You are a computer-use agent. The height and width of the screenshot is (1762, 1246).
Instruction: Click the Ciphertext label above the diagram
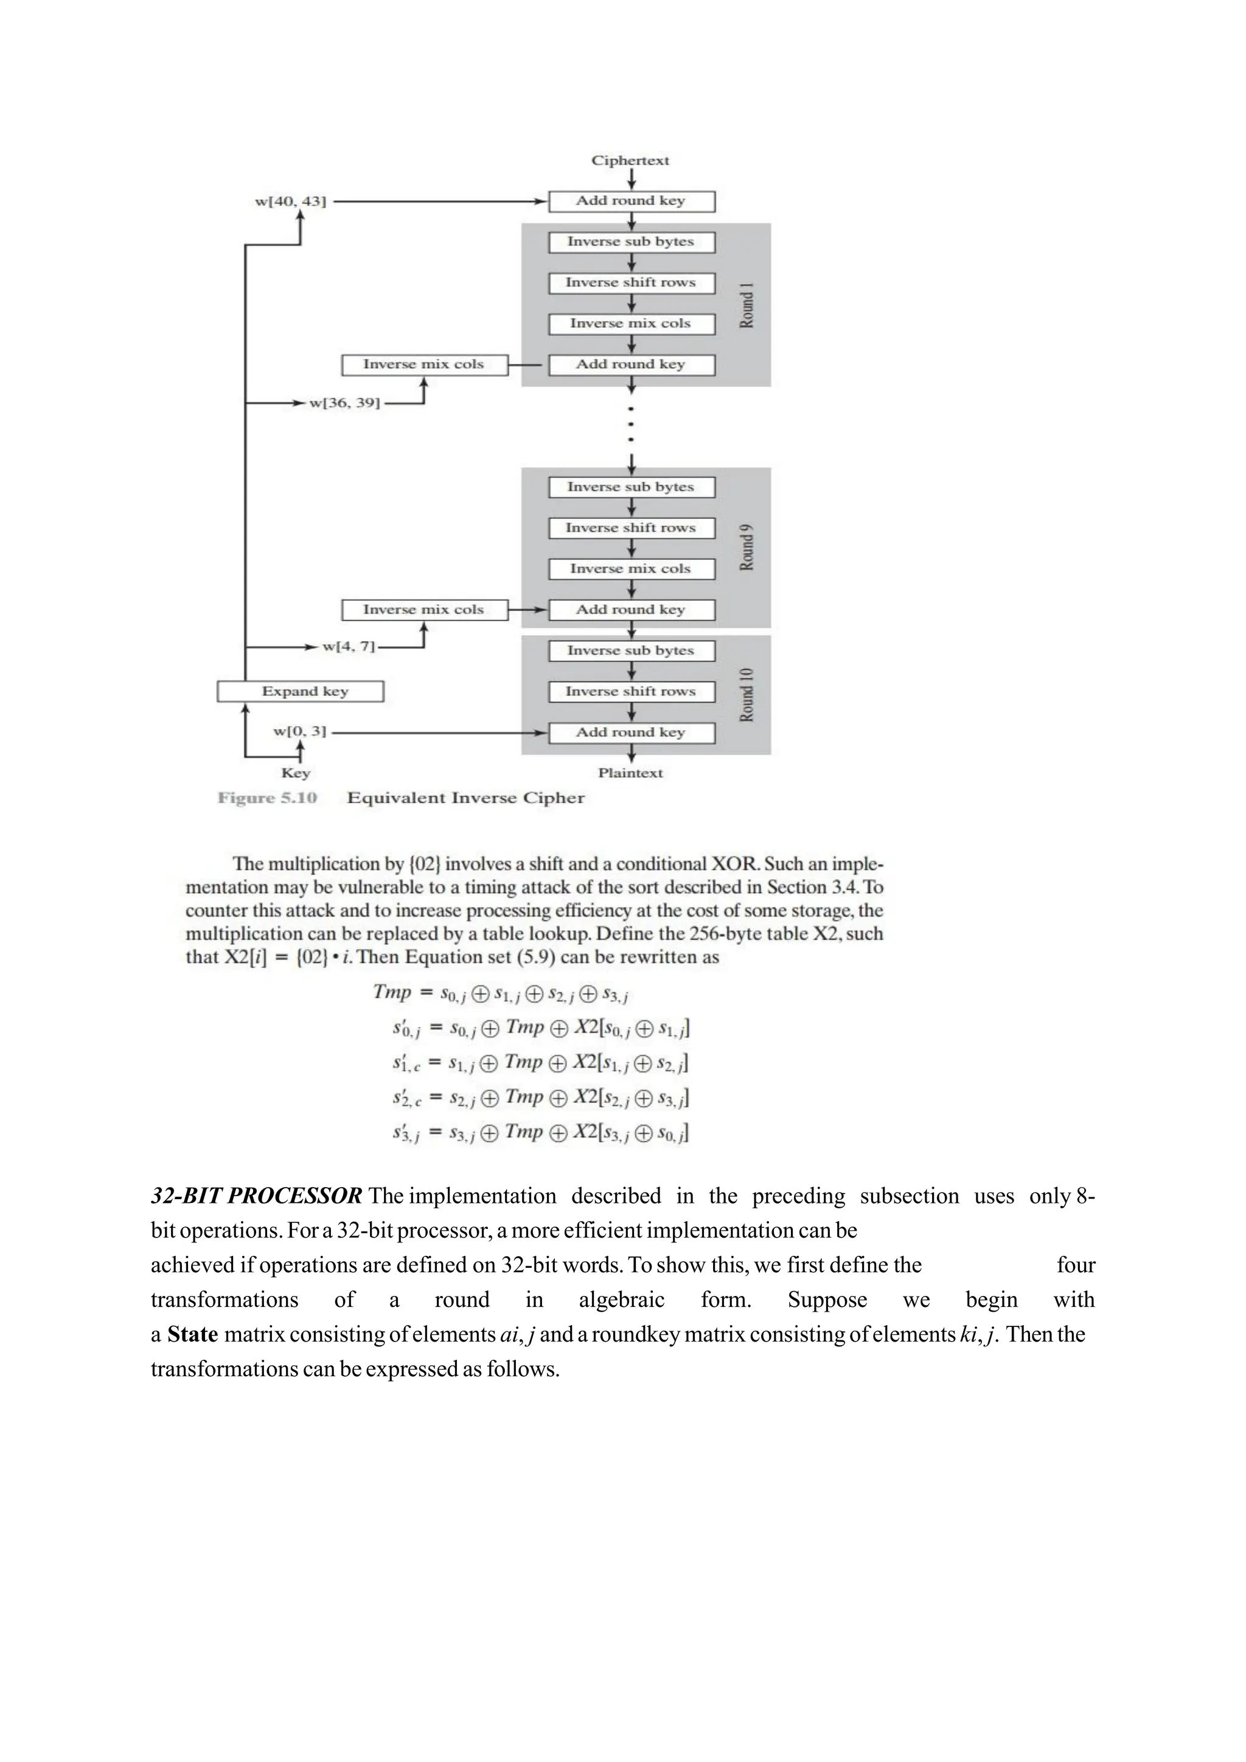(630, 161)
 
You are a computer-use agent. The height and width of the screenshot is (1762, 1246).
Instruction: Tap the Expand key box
(300, 691)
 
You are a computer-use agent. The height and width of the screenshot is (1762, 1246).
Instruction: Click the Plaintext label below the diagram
(630, 773)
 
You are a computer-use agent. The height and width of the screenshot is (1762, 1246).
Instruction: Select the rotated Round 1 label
(747, 305)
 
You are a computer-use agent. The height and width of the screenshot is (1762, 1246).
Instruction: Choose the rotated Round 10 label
(747, 694)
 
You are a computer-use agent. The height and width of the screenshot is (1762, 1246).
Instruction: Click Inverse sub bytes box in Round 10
(632, 651)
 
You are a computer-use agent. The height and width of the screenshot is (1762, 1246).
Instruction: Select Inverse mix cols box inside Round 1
(632, 324)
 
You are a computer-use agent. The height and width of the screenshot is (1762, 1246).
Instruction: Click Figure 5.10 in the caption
(267, 798)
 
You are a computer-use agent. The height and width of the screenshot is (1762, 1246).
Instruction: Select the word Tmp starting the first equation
(392, 992)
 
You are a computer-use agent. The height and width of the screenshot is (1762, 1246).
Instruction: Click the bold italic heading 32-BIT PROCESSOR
(256, 1196)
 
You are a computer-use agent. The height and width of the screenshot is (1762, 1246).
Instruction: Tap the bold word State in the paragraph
(193, 1334)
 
